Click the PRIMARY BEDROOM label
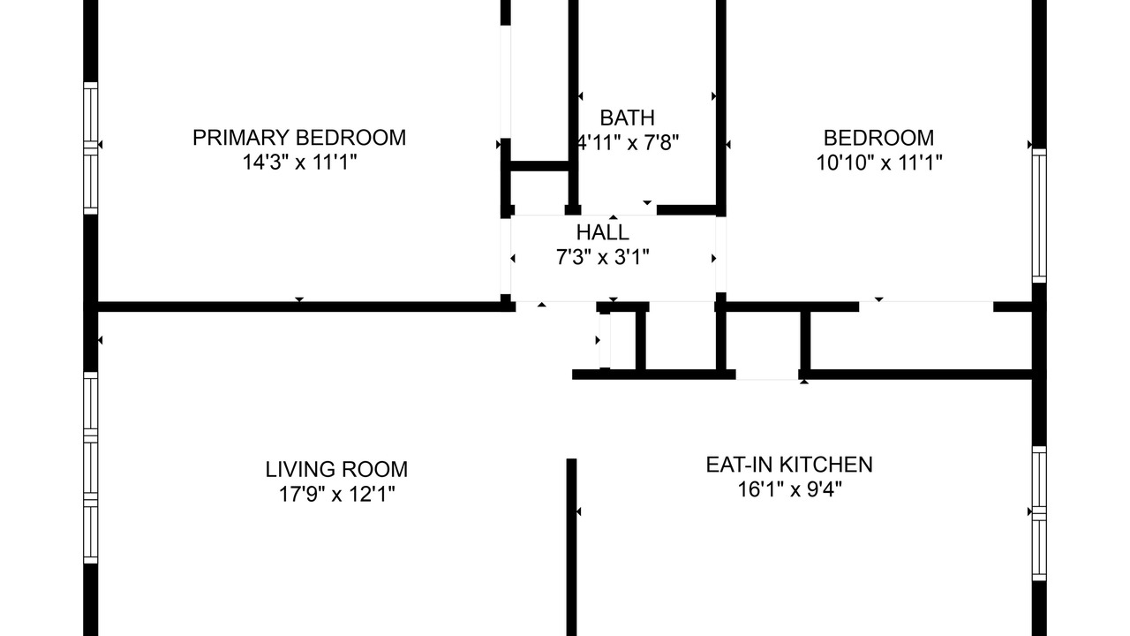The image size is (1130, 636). point(299,138)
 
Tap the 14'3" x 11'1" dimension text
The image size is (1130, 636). point(299,163)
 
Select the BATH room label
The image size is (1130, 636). point(627,118)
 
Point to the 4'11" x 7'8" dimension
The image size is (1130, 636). point(628,143)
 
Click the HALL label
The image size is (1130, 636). point(603,232)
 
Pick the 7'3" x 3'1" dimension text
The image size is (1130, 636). point(603,257)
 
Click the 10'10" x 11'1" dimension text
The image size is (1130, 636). point(879,163)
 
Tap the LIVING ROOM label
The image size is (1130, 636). point(336,469)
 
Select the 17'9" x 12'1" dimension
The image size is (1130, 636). point(336,494)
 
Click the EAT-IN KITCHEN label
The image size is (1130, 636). point(789,465)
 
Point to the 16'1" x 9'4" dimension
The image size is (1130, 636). point(789,489)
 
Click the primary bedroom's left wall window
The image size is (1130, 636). point(90,148)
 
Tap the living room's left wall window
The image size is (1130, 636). point(90,468)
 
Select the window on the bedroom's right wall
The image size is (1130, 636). point(1039,216)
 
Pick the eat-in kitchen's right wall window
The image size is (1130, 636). point(1039,513)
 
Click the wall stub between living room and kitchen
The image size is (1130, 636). point(571,547)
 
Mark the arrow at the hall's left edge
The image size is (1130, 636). point(513,259)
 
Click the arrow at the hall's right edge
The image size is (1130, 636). point(714,259)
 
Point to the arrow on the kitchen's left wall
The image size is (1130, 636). point(578,511)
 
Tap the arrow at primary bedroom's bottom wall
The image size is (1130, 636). point(299,299)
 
